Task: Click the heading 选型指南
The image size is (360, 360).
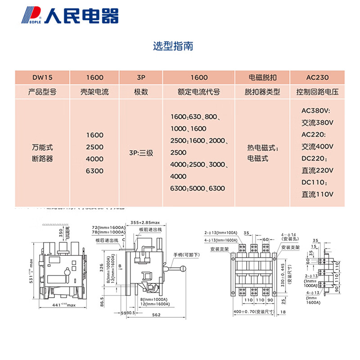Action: tap(173, 46)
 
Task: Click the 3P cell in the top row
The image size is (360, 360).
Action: tap(140, 77)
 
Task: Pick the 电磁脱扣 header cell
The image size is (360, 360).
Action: tap(262, 77)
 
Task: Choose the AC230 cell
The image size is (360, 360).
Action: tap(317, 77)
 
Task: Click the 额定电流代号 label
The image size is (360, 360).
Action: tap(199, 92)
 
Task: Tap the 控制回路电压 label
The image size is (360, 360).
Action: tap(317, 92)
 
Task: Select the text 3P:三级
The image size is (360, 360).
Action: tap(141, 153)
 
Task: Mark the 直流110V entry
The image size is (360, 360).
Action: tap(317, 195)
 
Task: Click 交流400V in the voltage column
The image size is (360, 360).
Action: tap(317, 147)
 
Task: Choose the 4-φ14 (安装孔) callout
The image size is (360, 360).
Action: tap(288, 237)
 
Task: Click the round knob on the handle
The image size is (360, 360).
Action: tap(183, 269)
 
